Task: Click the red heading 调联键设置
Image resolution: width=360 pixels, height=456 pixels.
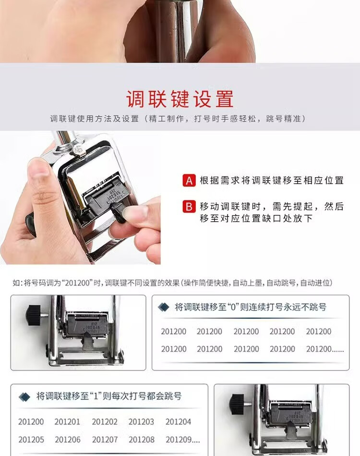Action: [x=180, y=99]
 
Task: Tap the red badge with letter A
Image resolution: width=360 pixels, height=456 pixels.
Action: [x=189, y=180]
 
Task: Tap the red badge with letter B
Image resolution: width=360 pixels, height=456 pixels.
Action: [x=189, y=207]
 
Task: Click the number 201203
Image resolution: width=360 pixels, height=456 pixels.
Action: [x=141, y=422]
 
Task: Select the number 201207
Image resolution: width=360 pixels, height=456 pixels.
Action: [x=105, y=439]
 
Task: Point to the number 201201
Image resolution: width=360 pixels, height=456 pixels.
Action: [x=67, y=422]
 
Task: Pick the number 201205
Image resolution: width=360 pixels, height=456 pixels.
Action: [x=31, y=439]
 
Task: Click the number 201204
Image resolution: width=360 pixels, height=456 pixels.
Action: [x=178, y=422]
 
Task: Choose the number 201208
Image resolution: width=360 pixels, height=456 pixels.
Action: [x=141, y=439]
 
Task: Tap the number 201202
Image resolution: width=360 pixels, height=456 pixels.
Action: [x=105, y=422]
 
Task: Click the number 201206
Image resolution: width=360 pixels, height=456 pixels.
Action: [x=68, y=439]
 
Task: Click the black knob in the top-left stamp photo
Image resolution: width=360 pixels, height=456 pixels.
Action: [x=34, y=315]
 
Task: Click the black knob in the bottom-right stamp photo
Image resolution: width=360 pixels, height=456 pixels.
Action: [x=237, y=404]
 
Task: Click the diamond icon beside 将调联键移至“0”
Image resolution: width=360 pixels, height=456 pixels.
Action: [x=163, y=307]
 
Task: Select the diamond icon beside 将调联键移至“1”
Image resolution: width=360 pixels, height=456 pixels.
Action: [x=24, y=396]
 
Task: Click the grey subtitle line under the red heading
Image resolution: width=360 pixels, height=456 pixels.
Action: [x=178, y=119]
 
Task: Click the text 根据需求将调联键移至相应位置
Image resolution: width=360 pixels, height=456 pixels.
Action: [x=272, y=180]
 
